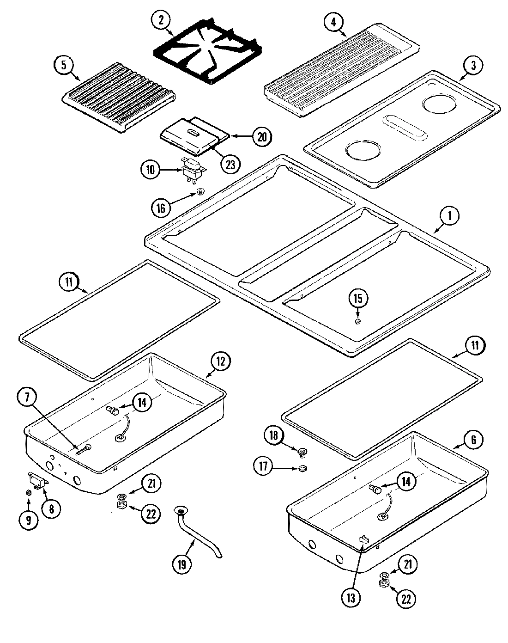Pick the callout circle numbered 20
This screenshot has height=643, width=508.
point(261,136)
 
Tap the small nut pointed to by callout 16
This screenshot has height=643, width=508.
point(200,191)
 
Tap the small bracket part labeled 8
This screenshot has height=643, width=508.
point(39,482)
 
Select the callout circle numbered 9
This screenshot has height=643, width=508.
point(29,520)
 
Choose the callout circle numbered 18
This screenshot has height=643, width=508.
point(273,435)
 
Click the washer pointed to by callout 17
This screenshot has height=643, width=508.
point(302,469)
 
